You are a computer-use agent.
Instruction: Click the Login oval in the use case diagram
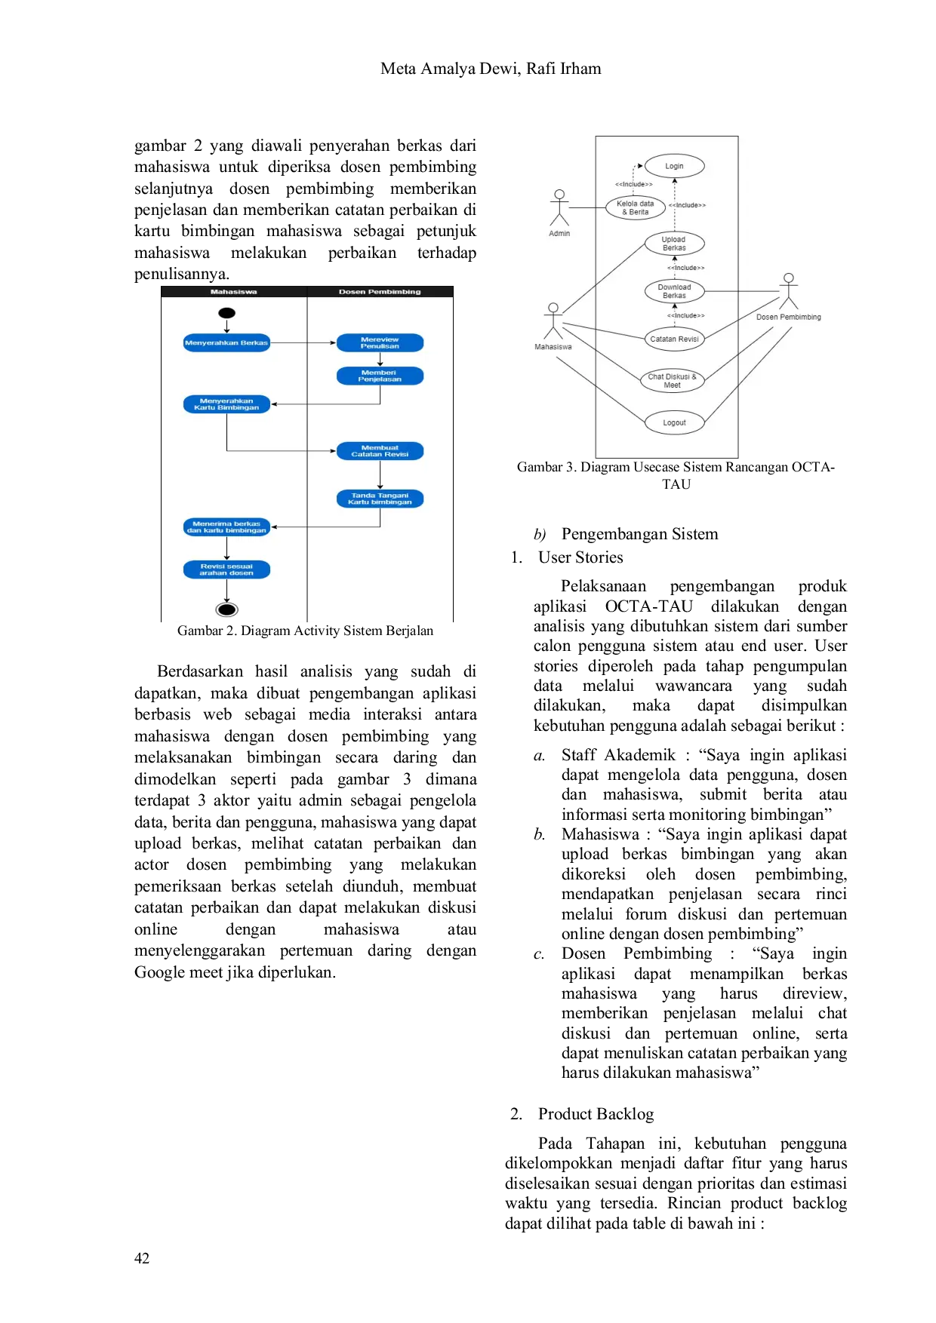(674, 166)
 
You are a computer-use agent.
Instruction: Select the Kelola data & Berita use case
(636, 207)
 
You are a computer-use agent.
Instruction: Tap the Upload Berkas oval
(674, 244)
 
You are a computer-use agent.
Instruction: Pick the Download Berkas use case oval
(674, 291)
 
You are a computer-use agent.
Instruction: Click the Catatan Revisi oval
(674, 339)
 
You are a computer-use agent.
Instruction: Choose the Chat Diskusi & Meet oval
(672, 381)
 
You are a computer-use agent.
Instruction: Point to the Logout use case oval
(674, 422)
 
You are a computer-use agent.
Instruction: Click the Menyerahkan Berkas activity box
(226, 343)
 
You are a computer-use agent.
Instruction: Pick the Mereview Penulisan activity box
(380, 343)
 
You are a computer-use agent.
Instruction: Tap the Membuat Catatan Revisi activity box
(380, 451)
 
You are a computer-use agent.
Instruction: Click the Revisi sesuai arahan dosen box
(226, 569)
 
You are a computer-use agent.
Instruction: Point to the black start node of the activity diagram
(226, 313)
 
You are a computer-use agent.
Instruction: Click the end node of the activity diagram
(226, 609)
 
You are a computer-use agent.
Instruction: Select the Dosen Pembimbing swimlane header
(380, 292)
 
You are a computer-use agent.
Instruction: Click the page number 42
(142, 1258)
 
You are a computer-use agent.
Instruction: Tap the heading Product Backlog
(596, 1114)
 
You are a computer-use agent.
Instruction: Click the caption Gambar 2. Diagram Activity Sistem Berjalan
(305, 631)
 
